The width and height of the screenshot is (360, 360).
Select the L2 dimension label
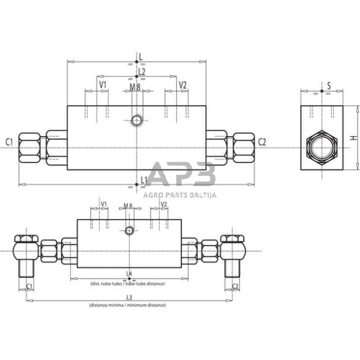pos(141,72)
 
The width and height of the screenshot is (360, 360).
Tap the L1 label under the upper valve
pos(144,179)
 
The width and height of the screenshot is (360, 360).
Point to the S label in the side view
pos(328,86)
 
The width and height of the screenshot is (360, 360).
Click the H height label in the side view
pos(352,138)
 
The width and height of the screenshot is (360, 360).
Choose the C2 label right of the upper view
pos(262,142)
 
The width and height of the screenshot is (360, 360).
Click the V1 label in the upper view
pos(103,84)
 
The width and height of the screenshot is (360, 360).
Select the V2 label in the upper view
pos(182,84)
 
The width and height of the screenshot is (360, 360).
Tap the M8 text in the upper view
pos(135,88)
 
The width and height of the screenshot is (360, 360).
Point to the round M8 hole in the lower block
pos(129,230)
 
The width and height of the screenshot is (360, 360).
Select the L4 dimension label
pos(129,273)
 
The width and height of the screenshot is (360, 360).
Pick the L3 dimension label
pos(129,297)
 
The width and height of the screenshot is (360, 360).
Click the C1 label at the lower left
pos(29,286)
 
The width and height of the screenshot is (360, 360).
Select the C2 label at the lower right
pos(236,286)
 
